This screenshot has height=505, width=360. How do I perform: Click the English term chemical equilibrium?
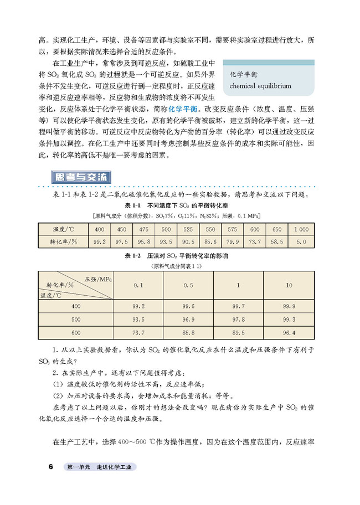click(260, 86)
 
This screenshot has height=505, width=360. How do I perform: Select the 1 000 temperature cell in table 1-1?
click(301, 229)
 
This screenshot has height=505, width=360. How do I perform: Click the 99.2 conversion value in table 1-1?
click(100, 242)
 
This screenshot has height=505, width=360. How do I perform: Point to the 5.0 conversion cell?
click(301, 242)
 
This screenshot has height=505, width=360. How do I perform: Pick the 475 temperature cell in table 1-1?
click(144, 229)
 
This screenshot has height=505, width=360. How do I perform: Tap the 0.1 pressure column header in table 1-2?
click(138, 285)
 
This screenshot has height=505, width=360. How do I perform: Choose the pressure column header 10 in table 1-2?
click(289, 285)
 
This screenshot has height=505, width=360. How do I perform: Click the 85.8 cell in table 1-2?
click(188, 333)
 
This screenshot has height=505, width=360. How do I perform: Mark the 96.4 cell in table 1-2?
click(289, 333)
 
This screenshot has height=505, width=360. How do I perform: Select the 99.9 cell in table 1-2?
click(289, 306)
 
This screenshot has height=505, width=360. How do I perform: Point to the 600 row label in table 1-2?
click(76, 333)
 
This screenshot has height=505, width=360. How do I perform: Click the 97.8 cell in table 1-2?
click(239, 320)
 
